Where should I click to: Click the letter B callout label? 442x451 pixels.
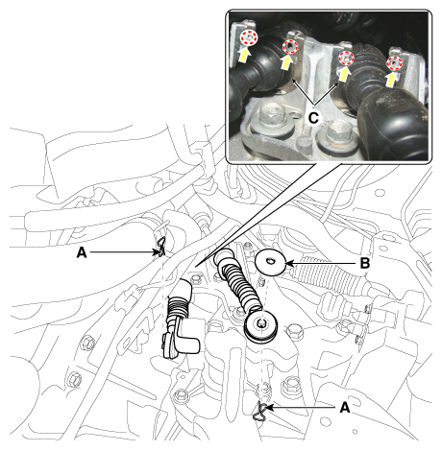pyautogui.click(x=365, y=264)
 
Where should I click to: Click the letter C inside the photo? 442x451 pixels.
pyautogui.click(x=313, y=118)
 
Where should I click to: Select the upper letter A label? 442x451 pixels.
pyautogui.click(x=82, y=253)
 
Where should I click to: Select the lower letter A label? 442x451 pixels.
pyautogui.click(x=345, y=408)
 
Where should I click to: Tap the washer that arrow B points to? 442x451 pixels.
pyautogui.click(x=271, y=262)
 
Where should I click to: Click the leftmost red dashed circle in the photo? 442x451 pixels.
pyautogui.click(x=249, y=37)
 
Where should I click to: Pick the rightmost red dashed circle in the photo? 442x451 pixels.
pyautogui.click(x=394, y=62)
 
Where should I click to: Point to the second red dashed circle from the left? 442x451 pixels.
pyautogui.click(x=290, y=47)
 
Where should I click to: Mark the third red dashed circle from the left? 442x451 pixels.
pyautogui.click(x=347, y=59)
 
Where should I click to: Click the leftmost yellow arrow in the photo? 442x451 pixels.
pyautogui.click(x=245, y=54)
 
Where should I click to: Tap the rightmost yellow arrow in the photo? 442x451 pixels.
pyautogui.click(x=390, y=79)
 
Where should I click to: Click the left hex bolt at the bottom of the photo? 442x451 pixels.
pyautogui.click(x=272, y=116)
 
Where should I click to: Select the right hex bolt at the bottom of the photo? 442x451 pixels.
pyautogui.click(x=338, y=131)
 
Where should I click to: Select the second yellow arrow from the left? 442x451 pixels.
pyautogui.click(x=286, y=62)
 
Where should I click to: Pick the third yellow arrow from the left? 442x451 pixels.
pyautogui.click(x=343, y=74)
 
